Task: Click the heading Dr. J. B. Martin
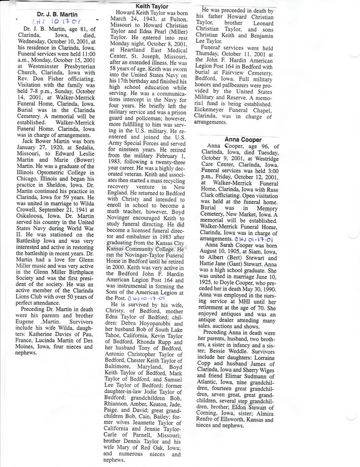pos(57,14)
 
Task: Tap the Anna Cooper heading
pos(243,140)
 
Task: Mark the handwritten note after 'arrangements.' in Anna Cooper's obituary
pos(255,239)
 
